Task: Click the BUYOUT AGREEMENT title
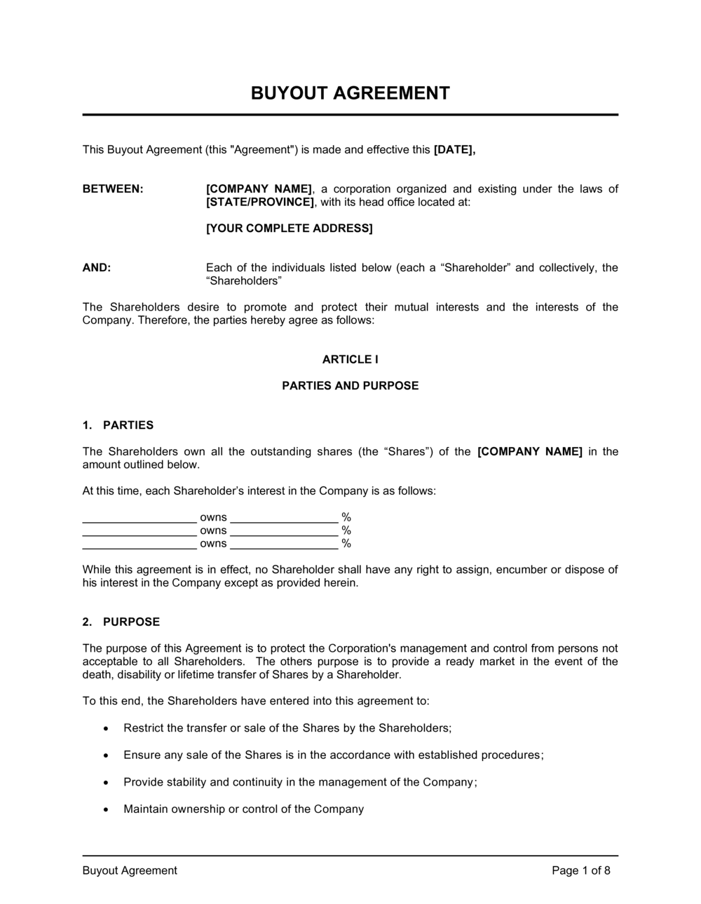pyautogui.click(x=350, y=93)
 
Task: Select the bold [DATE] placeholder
pyautogui.click(x=454, y=149)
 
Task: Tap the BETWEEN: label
pyautogui.click(x=113, y=189)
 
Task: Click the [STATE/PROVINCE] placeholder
pyautogui.click(x=260, y=202)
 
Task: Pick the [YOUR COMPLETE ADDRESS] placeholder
pyautogui.click(x=290, y=228)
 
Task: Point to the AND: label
pyautogui.click(x=97, y=268)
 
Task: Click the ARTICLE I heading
pyautogui.click(x=350, y=359)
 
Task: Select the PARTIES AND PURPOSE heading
pyautogui.click(x=350, y=385)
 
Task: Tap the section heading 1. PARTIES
pyautogui.click(x=118, y=425)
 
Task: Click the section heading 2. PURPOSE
pyautogui.click(x=121, y=622)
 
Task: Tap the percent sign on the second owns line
pyautogui.click(x=346, y=530)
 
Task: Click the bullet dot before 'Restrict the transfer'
pyautogui.click(x=105, y=729)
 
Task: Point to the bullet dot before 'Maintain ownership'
pyautogui.click(x=105, y=809)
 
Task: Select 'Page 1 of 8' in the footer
pyautogui.click(x=581, y=871)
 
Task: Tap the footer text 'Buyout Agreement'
pyautogui.click(x=130, y=871)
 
